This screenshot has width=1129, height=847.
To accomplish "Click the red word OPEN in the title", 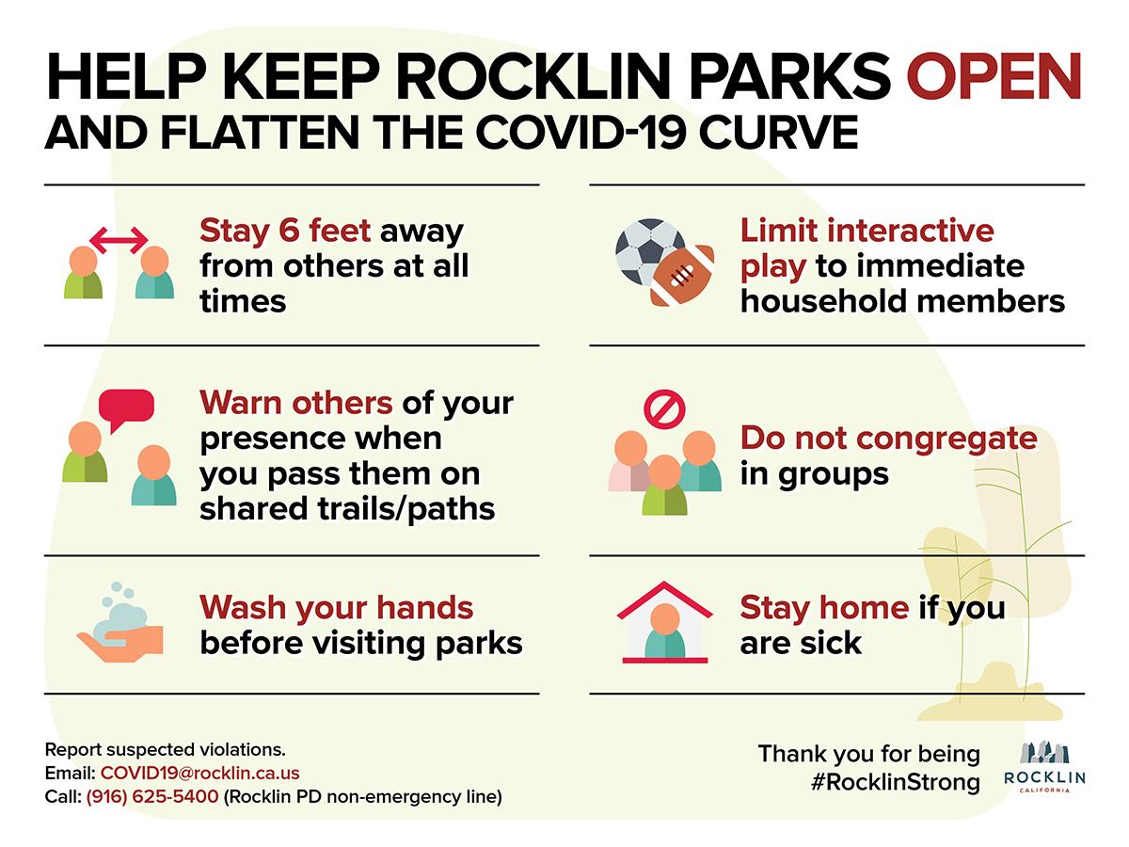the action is tap(994, 76).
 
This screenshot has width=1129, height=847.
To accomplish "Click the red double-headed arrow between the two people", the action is tap(119, 240).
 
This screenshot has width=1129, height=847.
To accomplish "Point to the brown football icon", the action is tap(682, 276).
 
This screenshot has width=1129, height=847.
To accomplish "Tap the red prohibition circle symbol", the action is tap(664, 408).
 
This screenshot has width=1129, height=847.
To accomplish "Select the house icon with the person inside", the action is tap(664, 622).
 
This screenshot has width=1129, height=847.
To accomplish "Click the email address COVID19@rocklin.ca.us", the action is tap(200, 773).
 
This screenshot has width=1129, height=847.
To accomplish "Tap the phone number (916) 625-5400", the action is tap(152, 796).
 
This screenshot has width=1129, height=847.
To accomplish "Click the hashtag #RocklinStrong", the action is tap(896, 783).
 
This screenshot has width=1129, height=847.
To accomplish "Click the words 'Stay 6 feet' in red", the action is tap(285, 231).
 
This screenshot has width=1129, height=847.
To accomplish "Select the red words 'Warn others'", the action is tap(296, 402).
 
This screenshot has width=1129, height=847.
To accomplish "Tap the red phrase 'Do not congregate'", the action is tap(889, 439).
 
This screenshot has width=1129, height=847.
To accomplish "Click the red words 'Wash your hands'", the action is tap(337, 607).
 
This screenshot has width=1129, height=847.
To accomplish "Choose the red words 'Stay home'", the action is tap(824, 607).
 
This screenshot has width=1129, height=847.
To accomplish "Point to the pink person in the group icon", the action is tap(628, 461).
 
